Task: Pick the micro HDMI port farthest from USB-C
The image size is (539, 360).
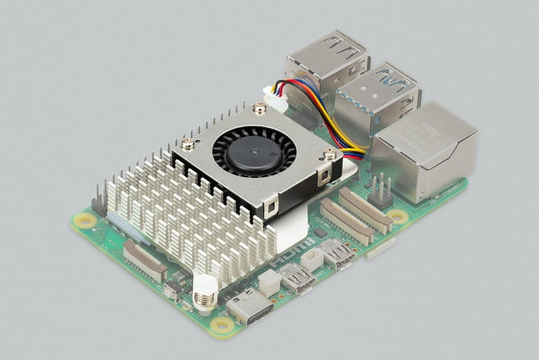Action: point(337,253)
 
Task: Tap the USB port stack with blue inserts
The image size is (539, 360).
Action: point(377,101)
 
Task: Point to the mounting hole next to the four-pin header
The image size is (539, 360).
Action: point(398,216)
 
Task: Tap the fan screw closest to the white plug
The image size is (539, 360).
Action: point(259,107)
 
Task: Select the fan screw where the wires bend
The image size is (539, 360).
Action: point(329,154)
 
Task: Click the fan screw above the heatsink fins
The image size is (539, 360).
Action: point(188,143)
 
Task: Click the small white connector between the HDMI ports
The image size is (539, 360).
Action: point(312,258)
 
